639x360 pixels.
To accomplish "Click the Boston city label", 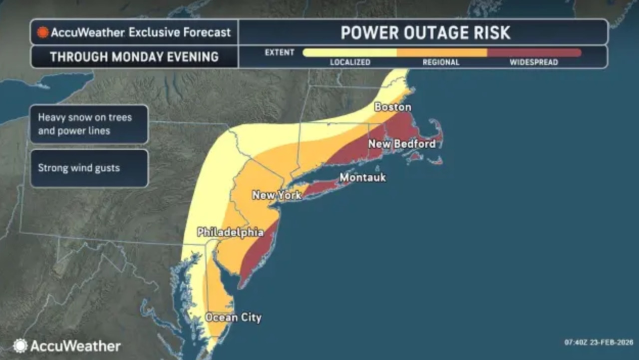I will tap(393, 107).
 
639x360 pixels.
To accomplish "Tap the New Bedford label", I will tap(402, 144).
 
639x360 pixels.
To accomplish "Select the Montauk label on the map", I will tap(362, 177).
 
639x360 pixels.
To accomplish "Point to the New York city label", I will tap(277, 195).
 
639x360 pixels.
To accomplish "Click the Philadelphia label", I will tap(230, 232).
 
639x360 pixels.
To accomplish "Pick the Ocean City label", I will tap(233, 318).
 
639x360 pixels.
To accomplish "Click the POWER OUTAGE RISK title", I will tap(425, 33).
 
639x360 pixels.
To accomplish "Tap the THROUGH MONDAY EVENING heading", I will tap(134, 57).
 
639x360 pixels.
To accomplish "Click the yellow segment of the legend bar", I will tap(349, 52).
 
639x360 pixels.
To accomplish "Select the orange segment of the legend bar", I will tap(442, 52).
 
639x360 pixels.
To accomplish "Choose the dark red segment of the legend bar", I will tap(534, 52).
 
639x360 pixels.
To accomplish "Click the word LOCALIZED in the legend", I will tap(350, 62).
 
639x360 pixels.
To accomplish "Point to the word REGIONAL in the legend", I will tap(441, 62).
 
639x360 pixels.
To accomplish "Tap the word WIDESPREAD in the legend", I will tap(534, 62).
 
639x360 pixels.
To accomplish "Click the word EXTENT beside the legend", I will tap(279, 52).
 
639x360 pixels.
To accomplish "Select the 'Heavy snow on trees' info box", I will tap(89, 124).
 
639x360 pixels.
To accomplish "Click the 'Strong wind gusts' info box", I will tap(89, 168).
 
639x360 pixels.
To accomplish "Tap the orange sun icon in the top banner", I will tap(43, 32).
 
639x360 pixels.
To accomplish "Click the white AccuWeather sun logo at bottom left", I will tap(20, 346).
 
